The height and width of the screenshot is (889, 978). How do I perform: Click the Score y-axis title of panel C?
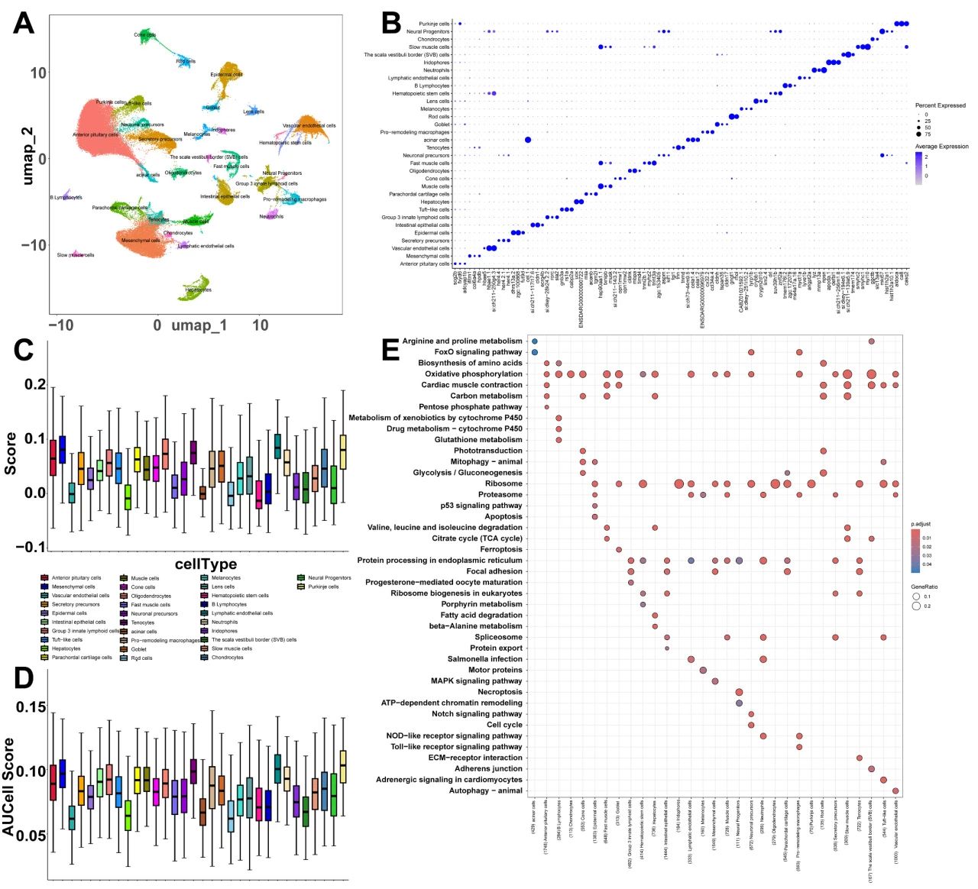click(11, 454)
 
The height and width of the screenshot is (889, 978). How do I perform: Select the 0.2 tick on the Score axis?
click(34, 384)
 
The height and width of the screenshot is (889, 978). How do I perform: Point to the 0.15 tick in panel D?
click(31, 708)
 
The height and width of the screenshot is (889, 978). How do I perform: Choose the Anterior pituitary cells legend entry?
click(76, 578)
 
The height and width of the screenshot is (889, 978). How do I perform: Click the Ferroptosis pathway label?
click(500, 549)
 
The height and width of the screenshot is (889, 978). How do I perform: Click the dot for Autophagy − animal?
click(895, 790)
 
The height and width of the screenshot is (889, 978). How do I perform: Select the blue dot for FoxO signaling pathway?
click(535, 352)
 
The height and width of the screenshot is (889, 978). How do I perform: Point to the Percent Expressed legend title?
click(940, 105)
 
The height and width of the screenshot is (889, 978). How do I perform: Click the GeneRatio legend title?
click(925, 587)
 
